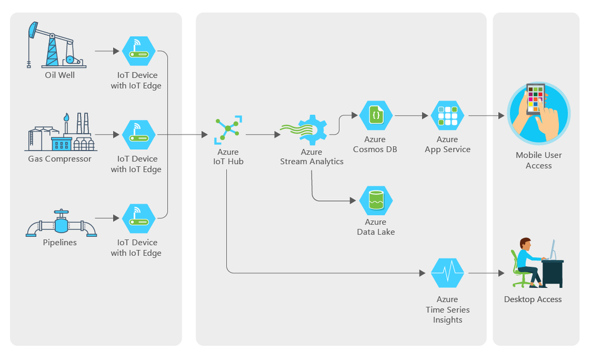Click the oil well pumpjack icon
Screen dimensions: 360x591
[56, 46]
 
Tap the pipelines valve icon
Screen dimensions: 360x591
[60, 223]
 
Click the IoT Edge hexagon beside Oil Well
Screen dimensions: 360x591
[139, 52]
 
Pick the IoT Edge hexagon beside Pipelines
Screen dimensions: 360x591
[139, 218]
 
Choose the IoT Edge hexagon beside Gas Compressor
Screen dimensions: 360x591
[139, 135]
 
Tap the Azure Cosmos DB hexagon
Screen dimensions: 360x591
[376, 116]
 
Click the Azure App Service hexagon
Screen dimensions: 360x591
[447, 116]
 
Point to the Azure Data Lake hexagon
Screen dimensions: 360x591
[376, 201]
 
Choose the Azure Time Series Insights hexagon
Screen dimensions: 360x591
[447, 273]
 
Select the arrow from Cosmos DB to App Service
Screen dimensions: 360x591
[411, 116]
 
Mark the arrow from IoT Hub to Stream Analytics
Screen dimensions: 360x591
[263, 135]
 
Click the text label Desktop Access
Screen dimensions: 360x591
[532, 299]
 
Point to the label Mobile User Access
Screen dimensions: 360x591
[538, 160]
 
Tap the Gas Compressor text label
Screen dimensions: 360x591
[60, 159]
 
